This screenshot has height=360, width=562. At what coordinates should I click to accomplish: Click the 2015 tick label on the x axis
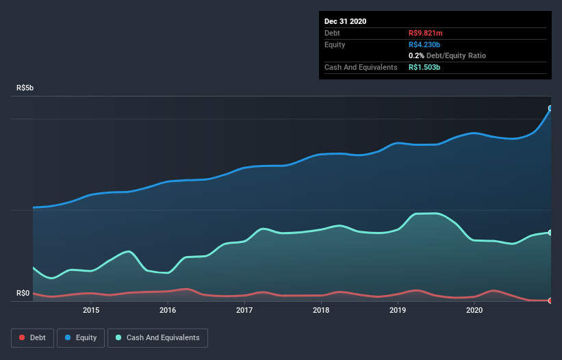tap(91, 311)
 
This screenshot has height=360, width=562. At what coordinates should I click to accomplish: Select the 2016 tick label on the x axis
tap(168, 311)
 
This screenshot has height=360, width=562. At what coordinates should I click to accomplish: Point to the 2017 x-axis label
tap(244, 311)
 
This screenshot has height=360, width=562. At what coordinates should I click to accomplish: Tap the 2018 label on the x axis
tap(321, 311)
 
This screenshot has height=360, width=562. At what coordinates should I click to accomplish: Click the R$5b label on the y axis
tap(25, 88)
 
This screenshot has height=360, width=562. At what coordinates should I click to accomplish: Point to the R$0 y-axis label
tap(23, 294)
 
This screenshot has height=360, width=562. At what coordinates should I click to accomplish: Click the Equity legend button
tap(81, 337)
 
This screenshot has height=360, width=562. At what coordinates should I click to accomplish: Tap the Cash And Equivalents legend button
tap(157, 337)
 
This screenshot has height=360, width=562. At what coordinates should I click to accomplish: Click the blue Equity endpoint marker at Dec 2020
tap(550, 108)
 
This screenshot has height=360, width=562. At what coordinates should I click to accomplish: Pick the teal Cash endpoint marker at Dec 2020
tap(550, 233)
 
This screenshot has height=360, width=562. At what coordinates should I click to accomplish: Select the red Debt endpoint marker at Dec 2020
tap(550, 300)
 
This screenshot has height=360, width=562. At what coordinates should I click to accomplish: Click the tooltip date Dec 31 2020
tap(345, 21)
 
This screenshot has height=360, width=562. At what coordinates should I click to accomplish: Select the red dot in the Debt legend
tap(23, 337)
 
